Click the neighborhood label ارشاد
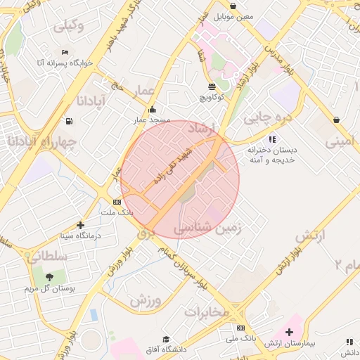[x=206, y=130]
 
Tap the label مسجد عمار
[x=153, y=120]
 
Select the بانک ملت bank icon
[x=117, y=202]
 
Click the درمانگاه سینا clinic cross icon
[x=81, y=226]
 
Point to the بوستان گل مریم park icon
[x=49, y=277]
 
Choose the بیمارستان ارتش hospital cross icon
[x=289, y=332]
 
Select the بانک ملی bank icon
[x=240, y=328]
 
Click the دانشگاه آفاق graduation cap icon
[x=166, y=340]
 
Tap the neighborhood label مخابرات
[x=207, y=311]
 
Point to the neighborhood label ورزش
[x=146, y=300]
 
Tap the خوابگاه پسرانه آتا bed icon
[x=65, y=52]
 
